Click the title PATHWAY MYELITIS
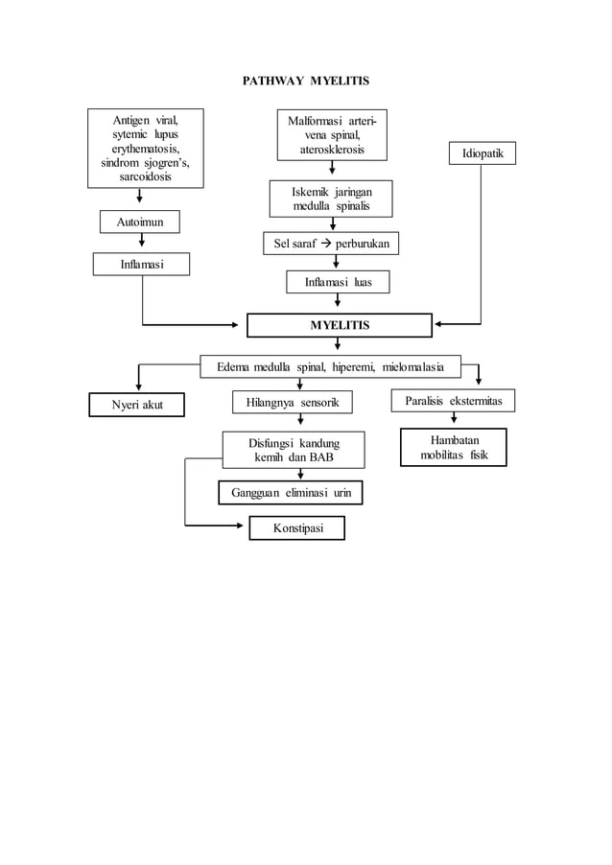[x=305, y=80]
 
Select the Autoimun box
[x=140, y=222]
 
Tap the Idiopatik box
[x=482, y=153]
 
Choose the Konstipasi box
[x=296, y=528]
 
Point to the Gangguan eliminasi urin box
[x=291, y=493]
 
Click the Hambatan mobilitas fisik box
[x=453, y=447]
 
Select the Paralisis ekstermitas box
[x=453, y=400]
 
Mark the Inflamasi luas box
[x=338, y=282]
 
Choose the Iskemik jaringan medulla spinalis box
[x=331, y=199]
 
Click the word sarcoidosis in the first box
[x=146, y=177]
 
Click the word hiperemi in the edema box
[x=352, y=366]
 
